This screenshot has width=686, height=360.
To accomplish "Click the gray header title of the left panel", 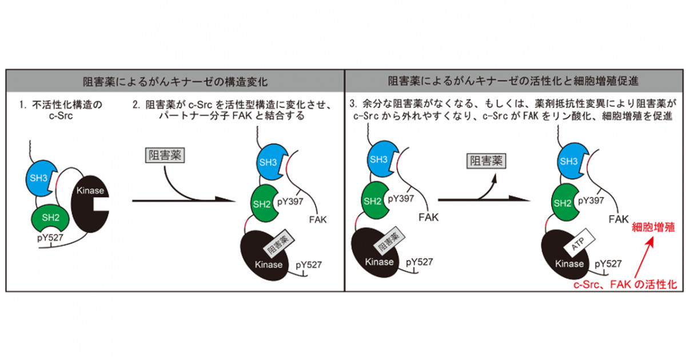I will point(175,80).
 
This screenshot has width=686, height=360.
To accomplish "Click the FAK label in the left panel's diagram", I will point(317,219).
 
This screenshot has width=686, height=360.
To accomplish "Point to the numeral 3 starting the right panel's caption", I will point(352,106).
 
